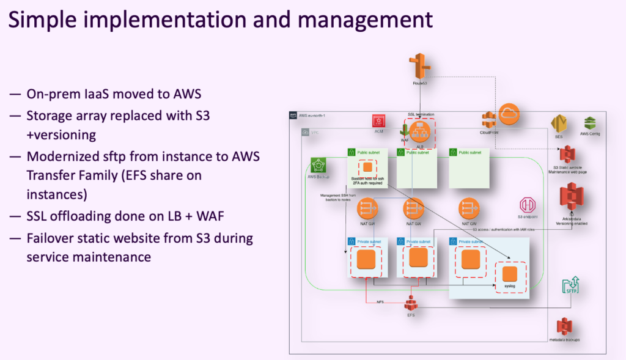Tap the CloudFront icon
click(x=488, y=120)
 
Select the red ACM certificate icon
click(x=378, y=121)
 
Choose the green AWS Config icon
click(x=589, y=122)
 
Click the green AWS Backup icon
click(x=319, y=165)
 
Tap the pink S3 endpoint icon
click(x=527, y=205)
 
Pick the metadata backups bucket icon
click(x=564, y=326)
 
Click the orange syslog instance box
click(x=509, y=274)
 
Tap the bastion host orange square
click(x=367, y=167)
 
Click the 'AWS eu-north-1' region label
click(x=313, y=114)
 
